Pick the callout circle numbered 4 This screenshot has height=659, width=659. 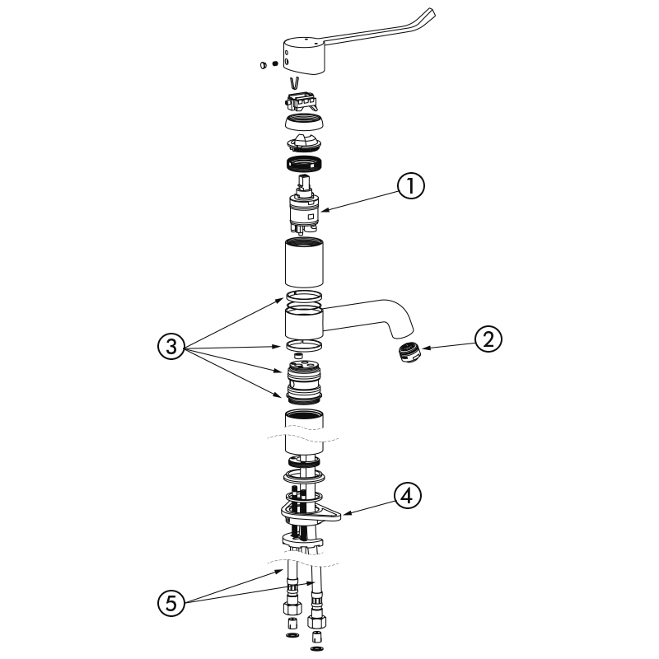(407, 495)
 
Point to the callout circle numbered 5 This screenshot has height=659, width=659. (171, 604)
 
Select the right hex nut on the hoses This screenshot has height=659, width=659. (315, 617)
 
